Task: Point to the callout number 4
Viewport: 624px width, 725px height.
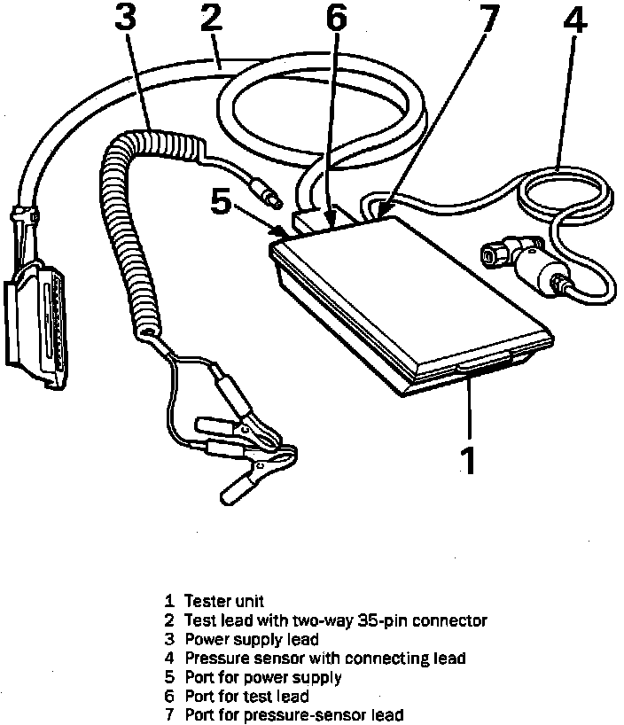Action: tap(575, 21)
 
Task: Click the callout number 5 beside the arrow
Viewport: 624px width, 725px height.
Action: tap(222, 203)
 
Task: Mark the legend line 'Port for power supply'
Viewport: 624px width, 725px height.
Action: tap(263, 677)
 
